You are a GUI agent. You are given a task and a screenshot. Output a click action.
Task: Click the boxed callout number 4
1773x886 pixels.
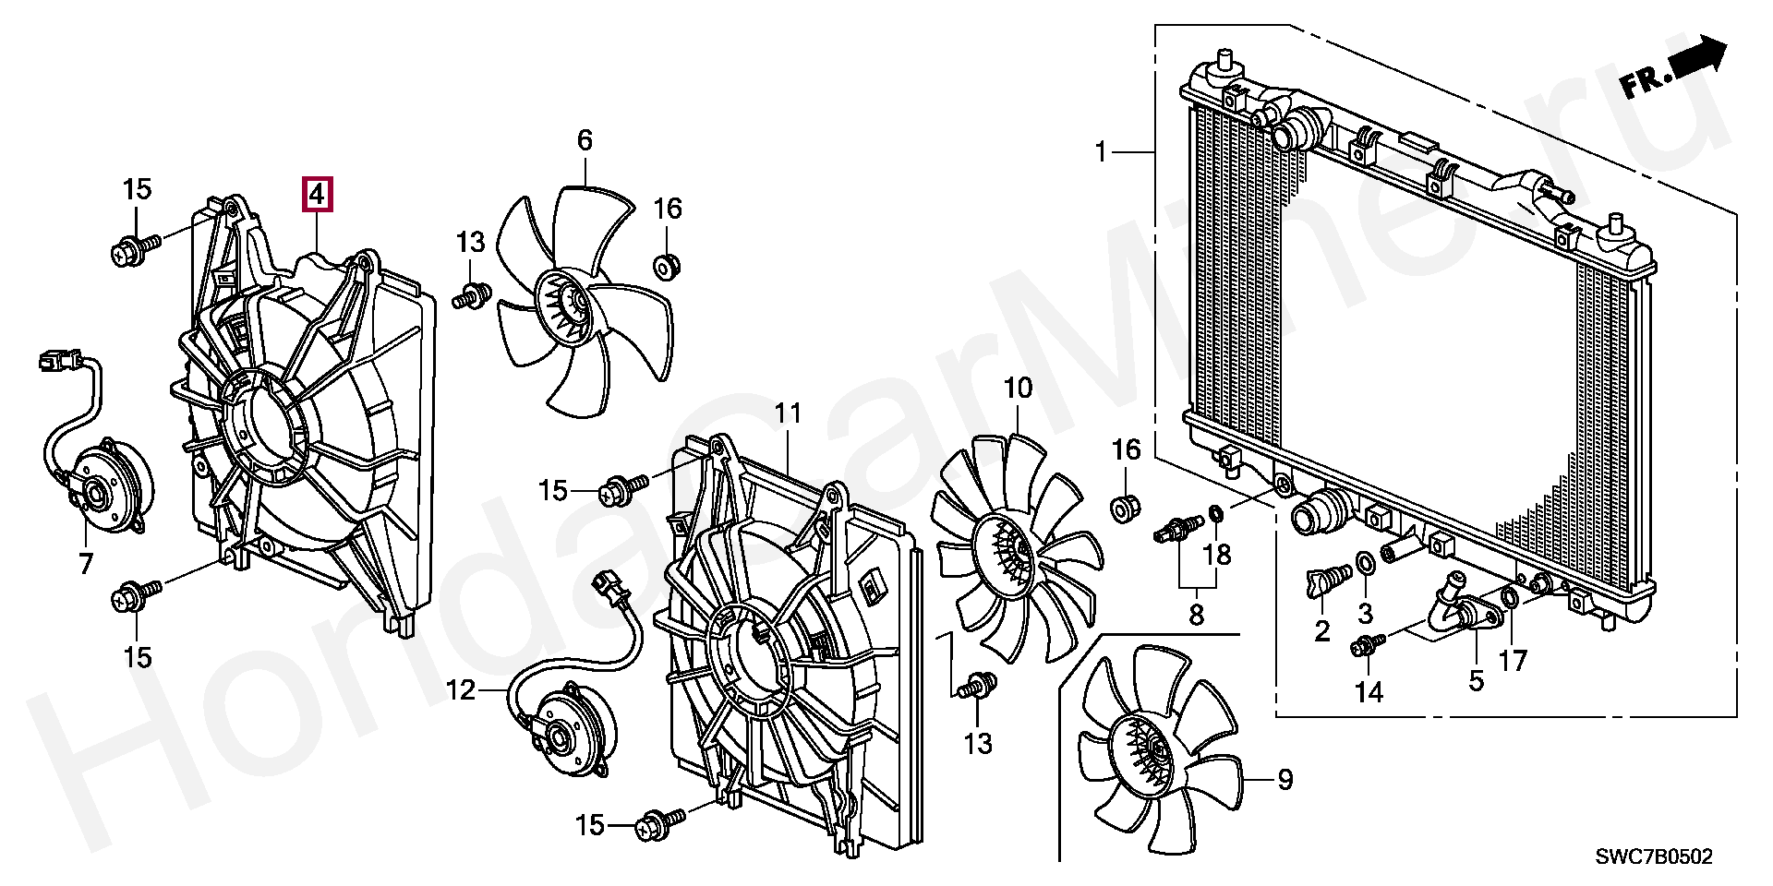click(317, 195)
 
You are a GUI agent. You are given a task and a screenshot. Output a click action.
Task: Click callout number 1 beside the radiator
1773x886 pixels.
click(1100, 150)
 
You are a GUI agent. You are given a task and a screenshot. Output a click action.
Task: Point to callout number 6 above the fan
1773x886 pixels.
click(585, 140)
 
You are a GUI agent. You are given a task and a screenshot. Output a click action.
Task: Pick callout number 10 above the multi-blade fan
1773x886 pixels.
click(1017, 389)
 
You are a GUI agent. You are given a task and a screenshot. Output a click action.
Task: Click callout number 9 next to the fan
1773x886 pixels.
click(1285, 780)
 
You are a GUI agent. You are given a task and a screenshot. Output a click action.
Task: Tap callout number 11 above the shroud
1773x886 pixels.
click(788, 413)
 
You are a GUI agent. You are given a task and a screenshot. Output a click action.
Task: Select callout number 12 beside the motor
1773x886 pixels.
click(461, 689)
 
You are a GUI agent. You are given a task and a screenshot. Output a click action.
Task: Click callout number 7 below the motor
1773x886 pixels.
click(86, 563)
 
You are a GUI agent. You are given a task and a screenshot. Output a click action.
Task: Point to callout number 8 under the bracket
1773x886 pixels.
click(1197, 614)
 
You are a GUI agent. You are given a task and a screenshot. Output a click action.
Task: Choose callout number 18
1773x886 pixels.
click(1218, 554)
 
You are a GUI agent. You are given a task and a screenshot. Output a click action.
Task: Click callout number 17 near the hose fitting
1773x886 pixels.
click(1513, 660)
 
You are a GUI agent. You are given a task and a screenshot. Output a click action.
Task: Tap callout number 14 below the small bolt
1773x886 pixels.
click(1369, 692)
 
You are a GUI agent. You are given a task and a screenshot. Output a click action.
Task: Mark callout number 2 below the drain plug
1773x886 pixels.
click(1322, 631)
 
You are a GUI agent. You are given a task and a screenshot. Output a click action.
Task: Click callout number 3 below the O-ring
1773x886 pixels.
click(1366, 613)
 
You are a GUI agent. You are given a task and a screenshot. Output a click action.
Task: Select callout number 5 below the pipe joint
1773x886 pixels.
click(1476, 681)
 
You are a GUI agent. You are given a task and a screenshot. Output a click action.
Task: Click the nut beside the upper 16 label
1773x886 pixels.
click(664, 268)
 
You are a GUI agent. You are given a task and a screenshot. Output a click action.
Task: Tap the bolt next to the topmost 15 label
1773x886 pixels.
click(130, 249)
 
